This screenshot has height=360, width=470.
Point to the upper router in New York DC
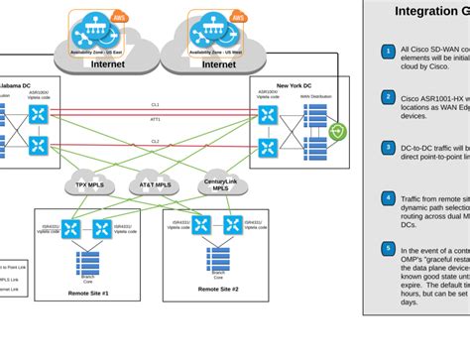pos(268,115)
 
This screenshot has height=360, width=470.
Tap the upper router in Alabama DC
pos(39,115)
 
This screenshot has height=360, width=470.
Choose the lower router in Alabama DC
pos(39,146)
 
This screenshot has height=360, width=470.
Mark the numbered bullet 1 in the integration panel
pos(389,48)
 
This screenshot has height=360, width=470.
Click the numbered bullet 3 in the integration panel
pos(389,147)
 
